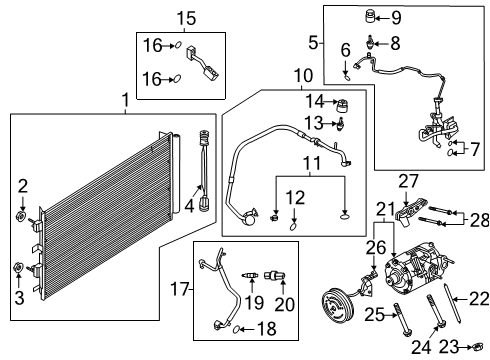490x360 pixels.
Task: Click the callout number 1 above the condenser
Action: point(124,101)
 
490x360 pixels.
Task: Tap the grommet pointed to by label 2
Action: point(21,217)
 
